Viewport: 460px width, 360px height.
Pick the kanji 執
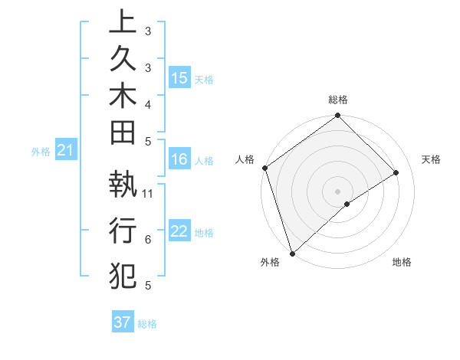pyautogui.click(x=123, y=185)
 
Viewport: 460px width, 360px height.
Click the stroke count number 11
pyautogui.click(x=148, y=193)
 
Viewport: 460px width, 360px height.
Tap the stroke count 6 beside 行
pyautogui.click(x=148, y=240)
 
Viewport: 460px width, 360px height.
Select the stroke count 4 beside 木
pyautogui.click(x=148, y=104)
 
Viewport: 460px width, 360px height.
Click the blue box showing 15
pyautogui.click(x=179, y=78)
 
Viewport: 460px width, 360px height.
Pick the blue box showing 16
pyautogui.click(x=179, y=160)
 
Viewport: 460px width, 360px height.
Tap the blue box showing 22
pyautogui.click(x=179, y=232)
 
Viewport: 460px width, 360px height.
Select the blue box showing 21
pyautogui.click(x=66, y=152)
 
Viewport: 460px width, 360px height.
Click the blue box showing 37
pyautogui.click(x=122, y=322)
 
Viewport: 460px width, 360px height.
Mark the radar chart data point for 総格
pyautogui.click(x=337, y=116)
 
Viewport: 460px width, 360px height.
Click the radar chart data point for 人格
pyautogui.click(x=264, y=168)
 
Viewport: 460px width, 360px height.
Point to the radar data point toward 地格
pyautogui.click(x=347, y=204)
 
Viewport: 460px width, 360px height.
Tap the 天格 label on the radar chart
pyautogui.click(x=431, y=159)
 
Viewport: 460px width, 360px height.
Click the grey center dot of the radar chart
pyautogui.click(x=337, y=191)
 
